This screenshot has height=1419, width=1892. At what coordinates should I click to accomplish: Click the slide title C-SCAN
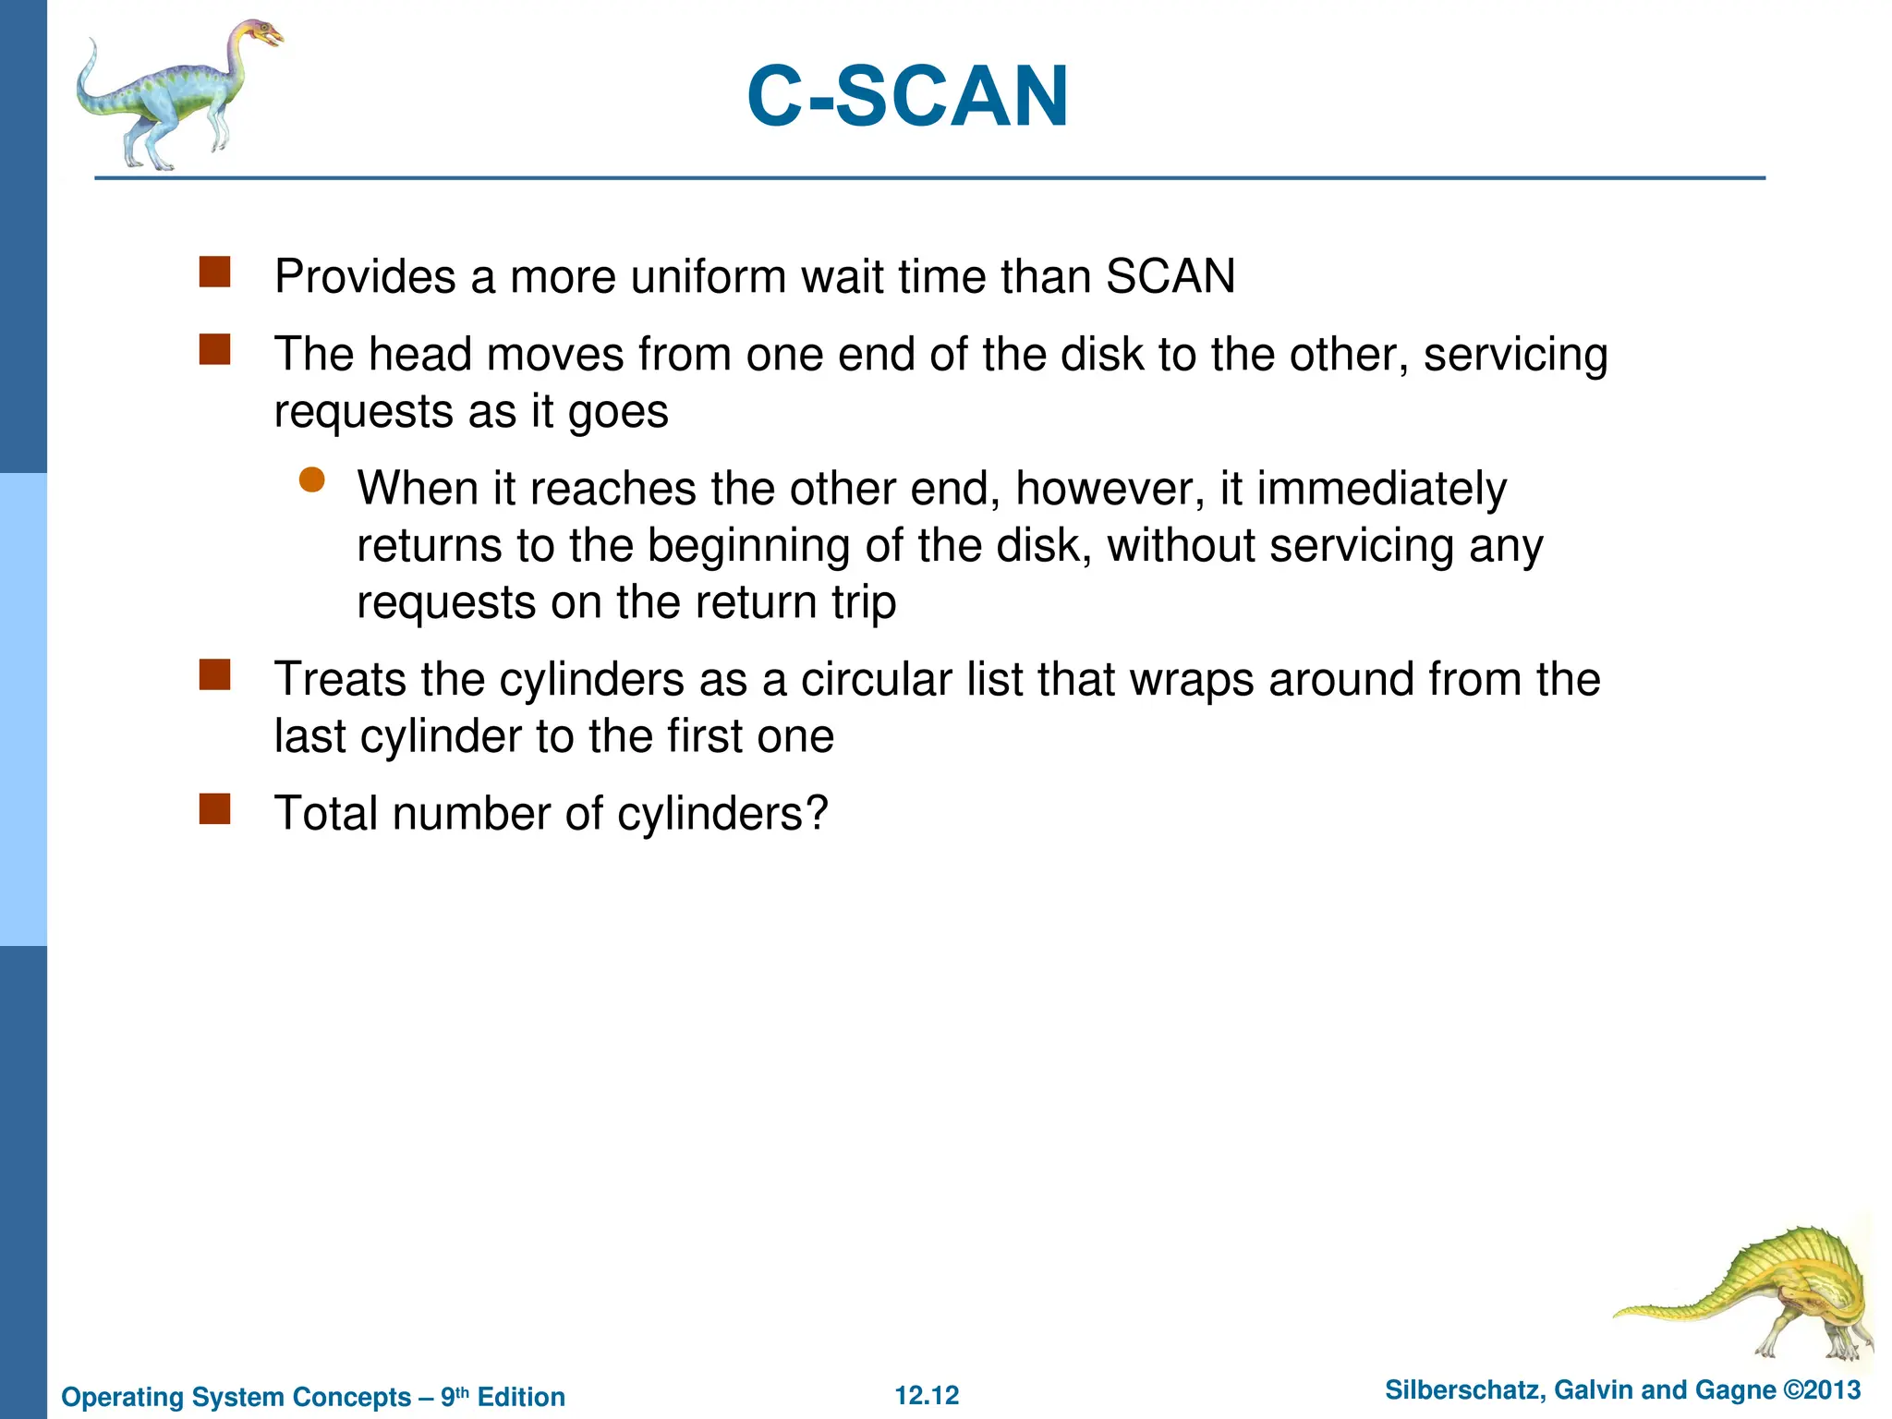(x=907, y=96)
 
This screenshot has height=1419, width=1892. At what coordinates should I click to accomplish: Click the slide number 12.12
(x=927, y=1395)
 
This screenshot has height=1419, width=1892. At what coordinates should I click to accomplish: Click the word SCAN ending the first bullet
(x=1170, y=276)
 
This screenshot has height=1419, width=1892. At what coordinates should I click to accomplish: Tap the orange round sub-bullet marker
(x=312, y=479)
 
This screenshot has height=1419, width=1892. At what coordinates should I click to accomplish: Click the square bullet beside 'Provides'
(x=214, y=273)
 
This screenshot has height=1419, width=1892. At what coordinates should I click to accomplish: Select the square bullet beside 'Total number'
(x=214, y=809)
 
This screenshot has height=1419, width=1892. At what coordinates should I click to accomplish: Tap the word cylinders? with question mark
(x=722, y=814)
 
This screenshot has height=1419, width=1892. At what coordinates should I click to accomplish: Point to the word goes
(x=617, y=412)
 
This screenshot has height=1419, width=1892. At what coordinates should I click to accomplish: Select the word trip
(x=863, y=602)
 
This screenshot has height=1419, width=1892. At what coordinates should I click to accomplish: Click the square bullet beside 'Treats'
(x=214, y=675)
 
